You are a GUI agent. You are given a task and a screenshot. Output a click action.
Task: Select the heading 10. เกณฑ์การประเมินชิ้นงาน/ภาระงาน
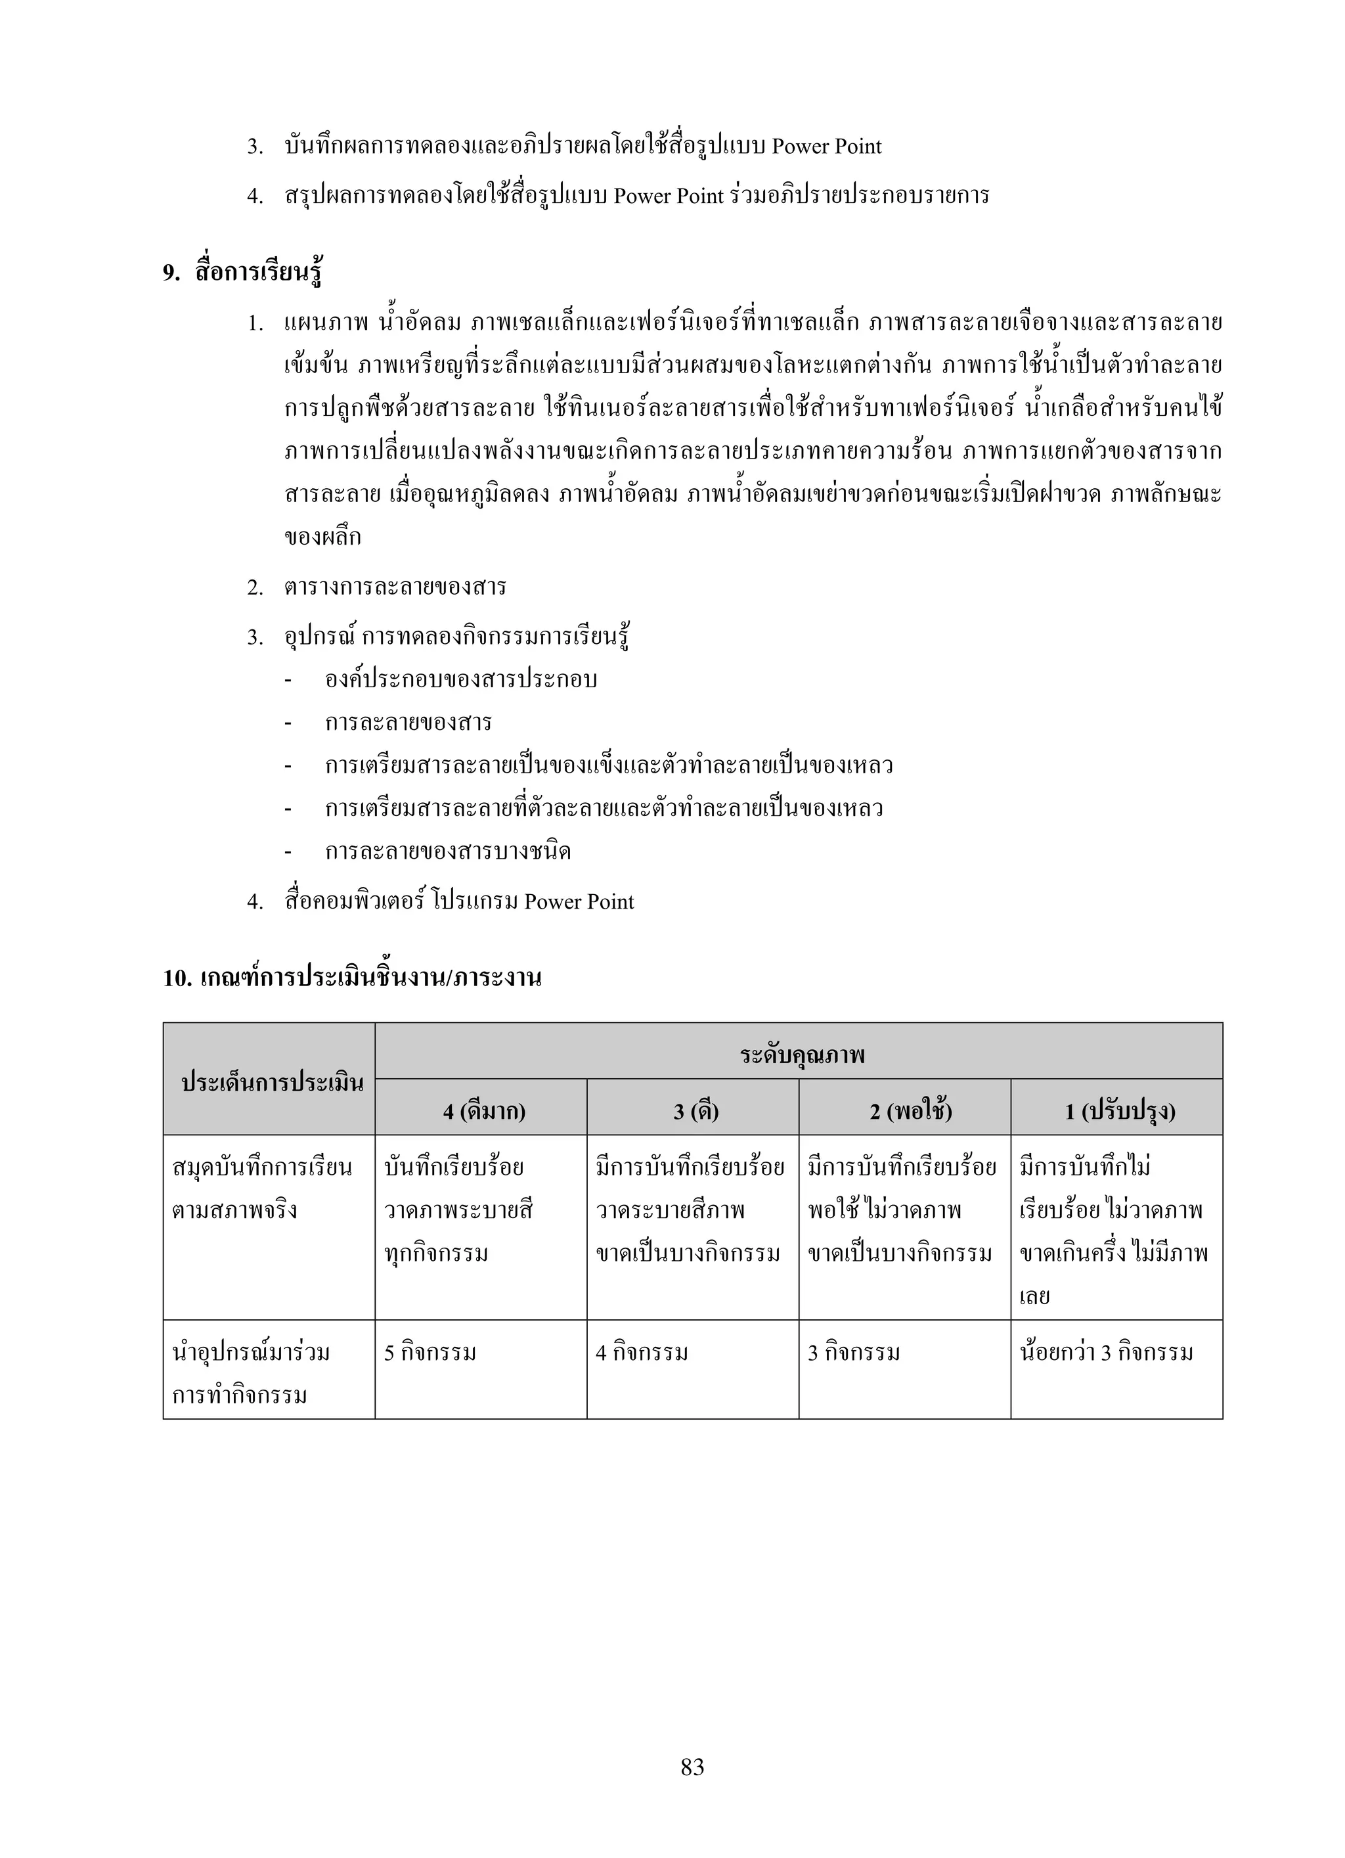coord(352,978)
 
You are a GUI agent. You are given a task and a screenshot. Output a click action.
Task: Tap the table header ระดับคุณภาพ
coord(802,1054)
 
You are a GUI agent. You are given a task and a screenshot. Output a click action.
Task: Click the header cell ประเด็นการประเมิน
coord(272,1082)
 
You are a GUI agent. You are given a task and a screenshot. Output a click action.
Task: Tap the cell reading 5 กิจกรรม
coord(430,1353)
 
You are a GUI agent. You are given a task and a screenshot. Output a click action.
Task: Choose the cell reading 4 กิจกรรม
coord(642,1353)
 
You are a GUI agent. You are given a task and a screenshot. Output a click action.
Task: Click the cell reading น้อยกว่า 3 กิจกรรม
coord(1106,1353)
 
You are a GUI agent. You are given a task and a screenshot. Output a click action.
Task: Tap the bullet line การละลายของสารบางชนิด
coord(447,851)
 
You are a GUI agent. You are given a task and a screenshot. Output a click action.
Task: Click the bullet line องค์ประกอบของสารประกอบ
coord(460,679)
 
